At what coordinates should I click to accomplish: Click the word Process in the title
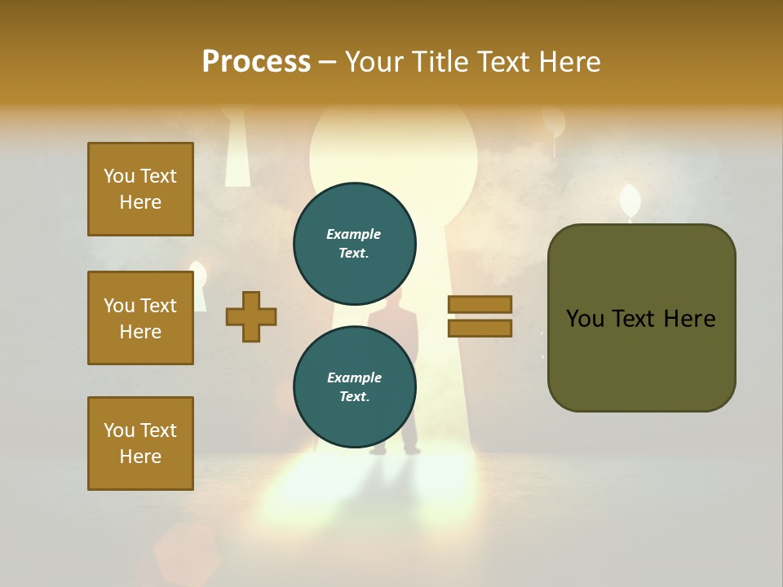click(256, 61)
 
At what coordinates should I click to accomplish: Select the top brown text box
click(140, 189)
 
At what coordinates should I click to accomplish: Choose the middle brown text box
click(140, 318)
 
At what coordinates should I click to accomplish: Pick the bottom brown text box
click(140, 444)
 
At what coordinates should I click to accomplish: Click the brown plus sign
click(251, 317)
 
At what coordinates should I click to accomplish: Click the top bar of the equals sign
click(480, 304)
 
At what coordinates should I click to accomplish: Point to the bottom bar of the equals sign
click(480, 328)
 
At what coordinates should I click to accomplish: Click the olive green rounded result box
click(641, 318)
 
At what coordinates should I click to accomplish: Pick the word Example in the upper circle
click(354, 234)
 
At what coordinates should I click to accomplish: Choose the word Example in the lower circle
click(354, 377)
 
